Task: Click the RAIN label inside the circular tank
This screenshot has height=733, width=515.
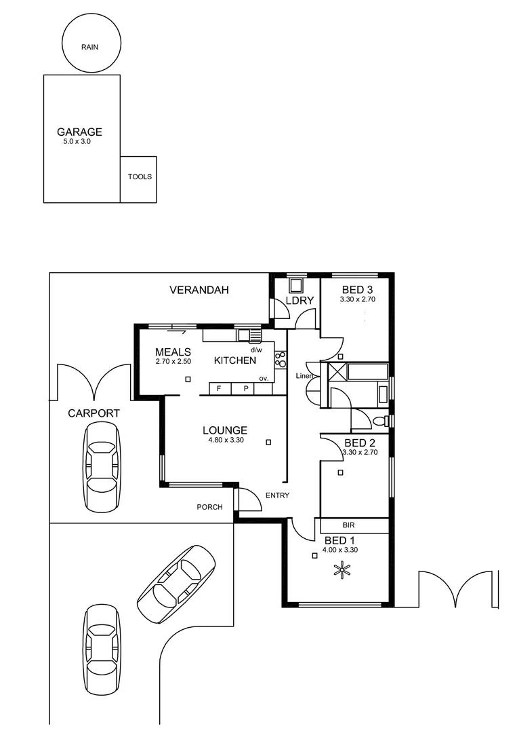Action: click(x=89, y=47)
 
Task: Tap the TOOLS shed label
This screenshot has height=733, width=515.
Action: click(x=140, y=176)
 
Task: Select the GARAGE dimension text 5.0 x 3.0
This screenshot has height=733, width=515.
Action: click(x=77, y=142)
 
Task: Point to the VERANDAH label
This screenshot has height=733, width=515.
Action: click(x=199, y=290)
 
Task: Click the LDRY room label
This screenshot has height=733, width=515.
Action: click(x=299, y=301)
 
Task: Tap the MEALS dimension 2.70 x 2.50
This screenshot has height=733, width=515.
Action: click(x=173, y=362)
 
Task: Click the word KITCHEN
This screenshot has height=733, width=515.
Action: click(x=235, y=360)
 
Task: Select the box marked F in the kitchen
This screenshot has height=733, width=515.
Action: click(x=218, y=389)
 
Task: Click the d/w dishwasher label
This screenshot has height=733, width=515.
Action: click(x=256, y=350)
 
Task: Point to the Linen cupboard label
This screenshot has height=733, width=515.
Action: click(x=303, y=376)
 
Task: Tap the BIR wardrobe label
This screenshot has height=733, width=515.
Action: click(x=349, y=525)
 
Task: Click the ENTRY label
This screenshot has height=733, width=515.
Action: click(x=277, y=495)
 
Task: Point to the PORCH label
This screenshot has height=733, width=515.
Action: click(x=209, y=507)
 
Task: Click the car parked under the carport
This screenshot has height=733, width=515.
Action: click(x=102, y=467)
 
